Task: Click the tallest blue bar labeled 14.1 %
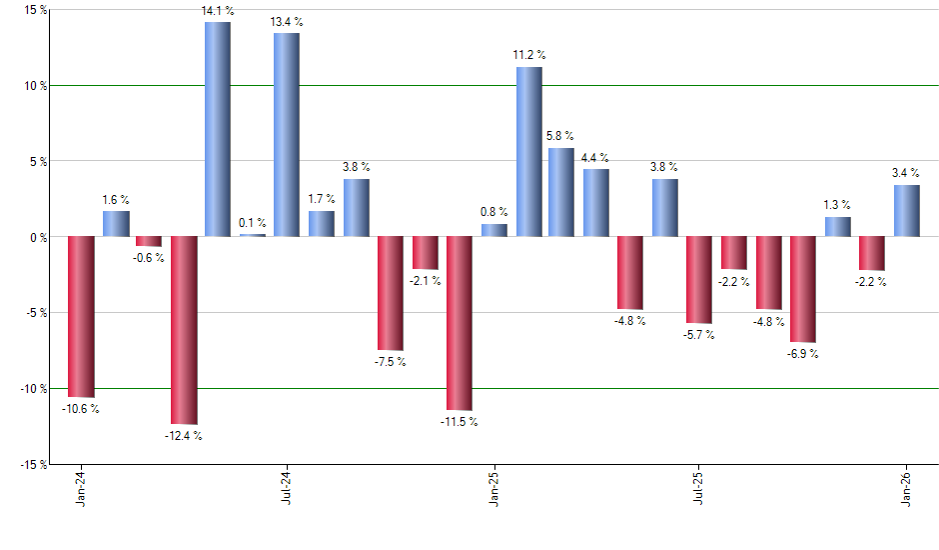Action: (x=218, y=129)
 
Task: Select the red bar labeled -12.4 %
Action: (x=184, y=330)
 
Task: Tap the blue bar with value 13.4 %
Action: (x=287, y=135)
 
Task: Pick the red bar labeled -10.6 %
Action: (x=81, y=317)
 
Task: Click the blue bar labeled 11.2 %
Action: (x=529, y=152)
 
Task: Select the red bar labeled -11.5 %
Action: (x=460, y=323)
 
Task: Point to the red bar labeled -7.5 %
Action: (x=391, y=293)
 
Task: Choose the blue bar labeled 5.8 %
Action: (x=561, y=192)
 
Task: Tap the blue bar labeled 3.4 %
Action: (x=907, y=211)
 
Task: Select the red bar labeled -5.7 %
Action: (x=699, y=280)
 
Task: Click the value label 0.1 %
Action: (x=253, y=222)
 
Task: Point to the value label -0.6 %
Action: (x=148, y=258)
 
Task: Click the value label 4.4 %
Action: (x=596, y=157)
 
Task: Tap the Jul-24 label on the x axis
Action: (x=287, y=489)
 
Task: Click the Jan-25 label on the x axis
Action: (x=494, y=489)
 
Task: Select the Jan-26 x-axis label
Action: (x=907, y=489)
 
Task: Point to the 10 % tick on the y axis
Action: (x=36, y=86)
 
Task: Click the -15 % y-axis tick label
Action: (x=34, y=464)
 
